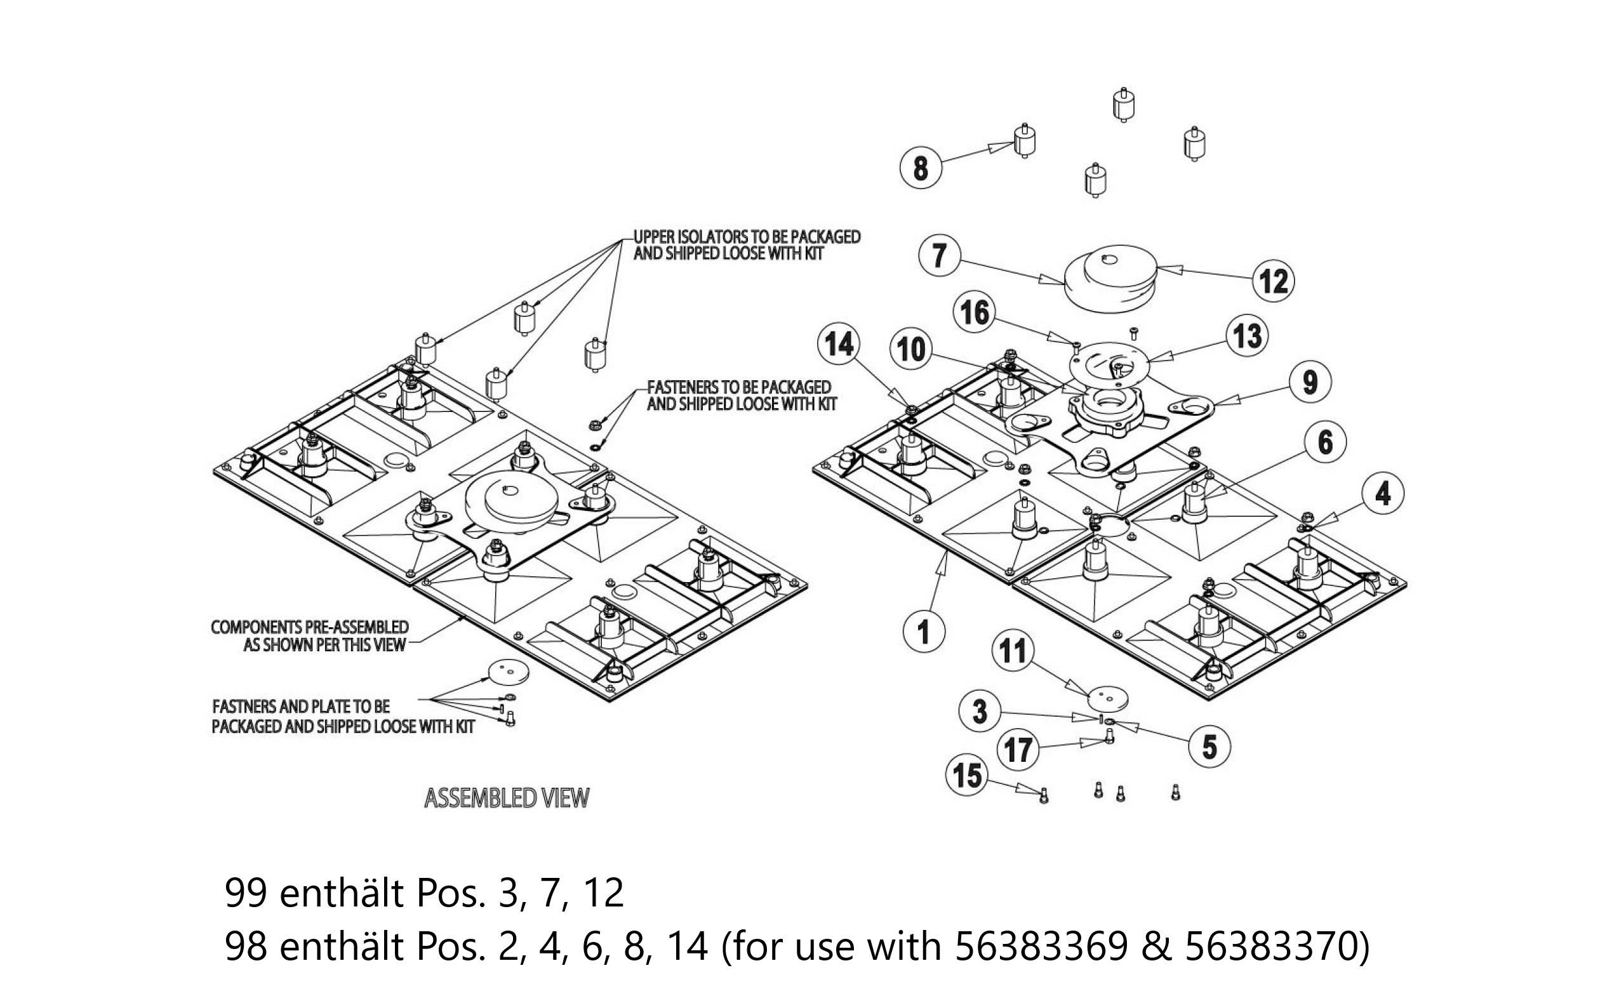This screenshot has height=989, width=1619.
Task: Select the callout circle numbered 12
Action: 1274,281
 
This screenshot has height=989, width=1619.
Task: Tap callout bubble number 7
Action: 940,255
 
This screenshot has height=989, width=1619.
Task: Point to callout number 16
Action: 975,312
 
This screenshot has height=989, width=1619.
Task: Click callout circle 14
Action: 839,343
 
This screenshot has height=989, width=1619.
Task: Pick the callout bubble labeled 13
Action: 1247,336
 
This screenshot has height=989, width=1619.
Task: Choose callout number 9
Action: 1310,382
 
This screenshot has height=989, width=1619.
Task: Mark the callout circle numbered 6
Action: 1325,442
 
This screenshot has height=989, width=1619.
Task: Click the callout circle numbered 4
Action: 1382,493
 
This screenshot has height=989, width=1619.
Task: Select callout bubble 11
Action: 1013,651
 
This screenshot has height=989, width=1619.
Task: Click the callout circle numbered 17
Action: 1018,750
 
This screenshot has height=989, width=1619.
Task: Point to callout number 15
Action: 966,776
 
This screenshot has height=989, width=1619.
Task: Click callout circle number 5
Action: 1209,747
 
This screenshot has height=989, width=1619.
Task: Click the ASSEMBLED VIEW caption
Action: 507,798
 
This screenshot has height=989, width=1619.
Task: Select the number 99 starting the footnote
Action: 245,893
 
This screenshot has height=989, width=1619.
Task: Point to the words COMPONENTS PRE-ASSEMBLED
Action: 309,627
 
